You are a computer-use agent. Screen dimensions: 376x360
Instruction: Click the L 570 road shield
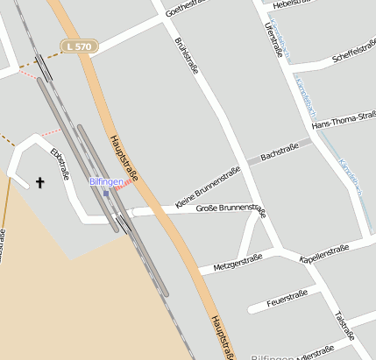click(x=79, y=46)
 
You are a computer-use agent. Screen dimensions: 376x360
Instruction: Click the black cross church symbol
click(x=39, y=182)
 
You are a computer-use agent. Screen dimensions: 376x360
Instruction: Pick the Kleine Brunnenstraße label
click(x=208, y=187)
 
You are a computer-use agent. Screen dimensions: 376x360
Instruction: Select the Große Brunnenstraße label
click(x=231, y=208)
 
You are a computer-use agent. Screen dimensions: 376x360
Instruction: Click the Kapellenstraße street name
click(x=324, y=253)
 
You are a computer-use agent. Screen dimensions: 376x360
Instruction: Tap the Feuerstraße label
click(x=285, y=297)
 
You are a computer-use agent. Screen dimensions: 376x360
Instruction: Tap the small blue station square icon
click(x=106, y=193)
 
